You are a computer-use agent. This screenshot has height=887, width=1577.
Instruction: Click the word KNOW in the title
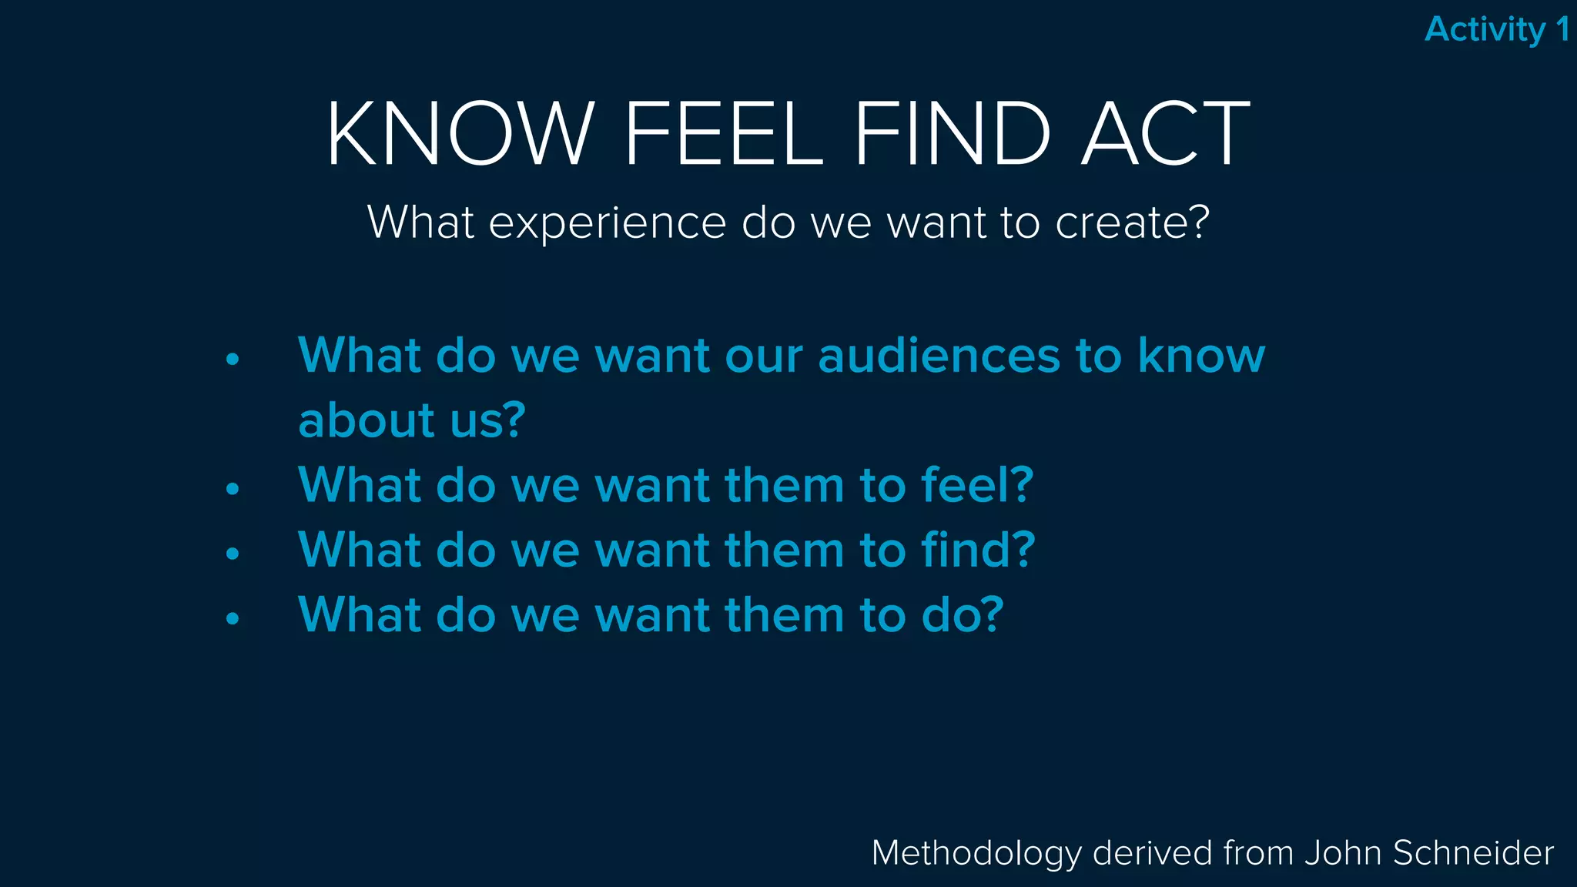point(460,134)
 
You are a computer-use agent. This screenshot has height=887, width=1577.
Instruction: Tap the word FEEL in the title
point(724,134)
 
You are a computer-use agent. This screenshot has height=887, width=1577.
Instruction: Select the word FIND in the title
point(953,134)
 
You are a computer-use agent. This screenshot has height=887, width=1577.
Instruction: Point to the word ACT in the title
point(1166,134)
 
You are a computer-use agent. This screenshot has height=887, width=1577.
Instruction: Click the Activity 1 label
point(1496,30)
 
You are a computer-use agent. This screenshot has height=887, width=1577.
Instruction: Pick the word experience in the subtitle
point(608,223)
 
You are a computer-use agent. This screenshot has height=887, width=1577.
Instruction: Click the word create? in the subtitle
point(1132,223)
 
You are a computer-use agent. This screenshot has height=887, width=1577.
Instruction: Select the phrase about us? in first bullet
point(411,420)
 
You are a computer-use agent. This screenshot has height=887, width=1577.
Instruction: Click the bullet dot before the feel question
point(233,488)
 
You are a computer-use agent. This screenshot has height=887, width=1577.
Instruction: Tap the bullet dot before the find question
point(233,553)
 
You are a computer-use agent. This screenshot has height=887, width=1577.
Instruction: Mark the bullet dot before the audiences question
point(233,359)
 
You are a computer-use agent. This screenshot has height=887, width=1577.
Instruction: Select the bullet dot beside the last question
point(233,618)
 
